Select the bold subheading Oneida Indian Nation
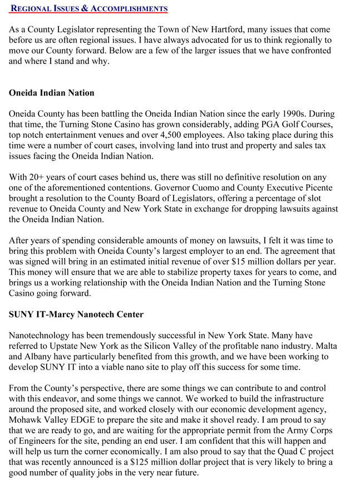point(52,93)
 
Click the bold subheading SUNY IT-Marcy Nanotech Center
point(76,314)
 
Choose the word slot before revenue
point(329,199)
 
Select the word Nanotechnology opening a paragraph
point(44,335)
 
